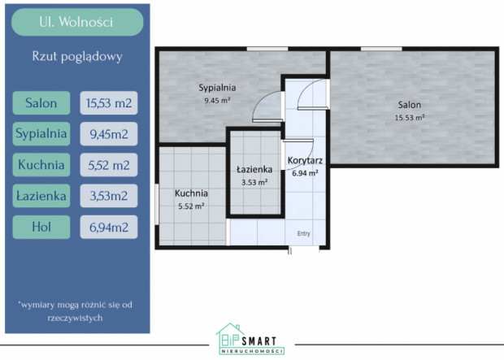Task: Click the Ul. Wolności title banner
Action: (77, 22)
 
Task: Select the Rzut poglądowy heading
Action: (77, 57)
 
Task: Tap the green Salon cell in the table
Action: (41, 103)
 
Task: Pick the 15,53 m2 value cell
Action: (109, 103)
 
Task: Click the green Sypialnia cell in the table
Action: (41, 134)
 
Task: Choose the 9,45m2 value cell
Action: (109, 134)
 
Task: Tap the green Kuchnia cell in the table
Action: (41, 165)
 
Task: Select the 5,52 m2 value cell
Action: (109, 165)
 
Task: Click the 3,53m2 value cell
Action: (109, 196)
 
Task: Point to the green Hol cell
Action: (41, 227)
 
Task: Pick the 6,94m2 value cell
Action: (109, 227)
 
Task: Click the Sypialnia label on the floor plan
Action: (217, 88)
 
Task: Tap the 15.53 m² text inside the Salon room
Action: (410, 118)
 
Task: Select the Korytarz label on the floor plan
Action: (305, 160)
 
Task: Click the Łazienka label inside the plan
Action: (254, 169)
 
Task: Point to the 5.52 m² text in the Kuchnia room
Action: (191, 206)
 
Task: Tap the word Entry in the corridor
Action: (304, 233)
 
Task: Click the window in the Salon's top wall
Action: (381, 49)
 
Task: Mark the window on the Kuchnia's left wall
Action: (157, 204)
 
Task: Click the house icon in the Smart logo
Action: (229, 337)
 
